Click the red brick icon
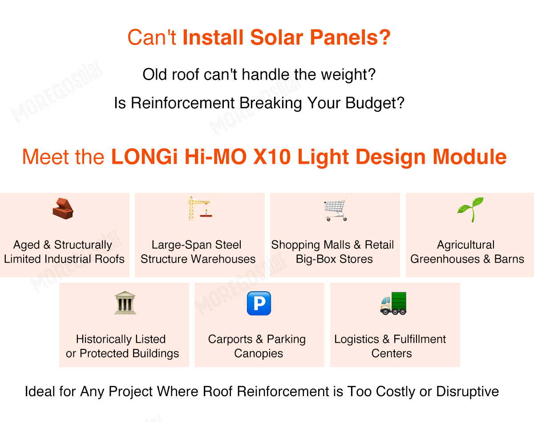pos(63,208)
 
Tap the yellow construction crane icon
pos(199,208)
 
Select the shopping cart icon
pos(335,209)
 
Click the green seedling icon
pos(470,209)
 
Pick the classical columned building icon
pos(125,303)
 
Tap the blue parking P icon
pos(259,303)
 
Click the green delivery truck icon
pos(393,303)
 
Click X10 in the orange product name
pos(317,157)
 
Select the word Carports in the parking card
pos(230,339)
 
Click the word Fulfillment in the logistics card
pos(420,339)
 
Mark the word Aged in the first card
pos(27,245)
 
